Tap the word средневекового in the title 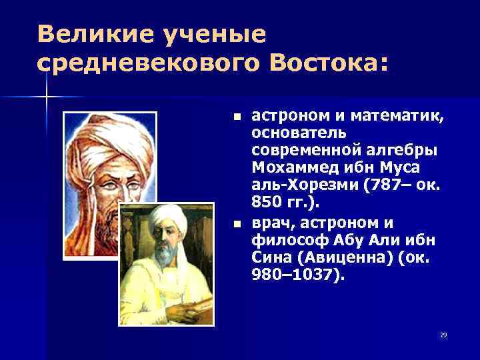(143, 63)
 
